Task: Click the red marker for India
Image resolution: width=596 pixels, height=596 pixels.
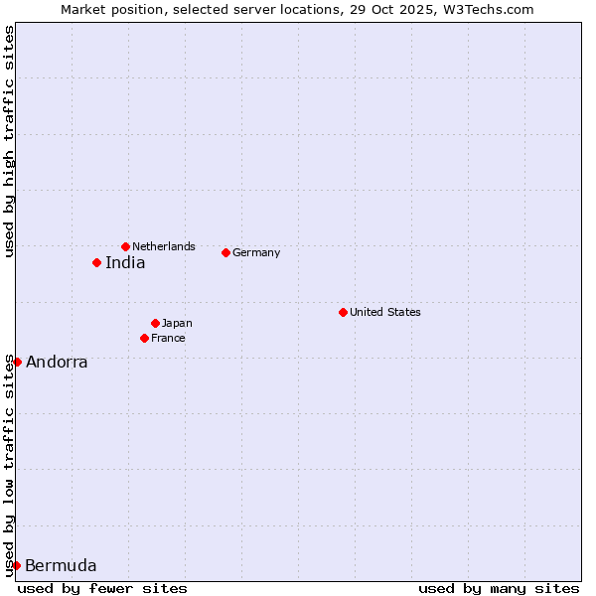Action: tap(96, 263)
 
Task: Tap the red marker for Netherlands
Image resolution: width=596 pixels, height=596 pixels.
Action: tap(125, 246)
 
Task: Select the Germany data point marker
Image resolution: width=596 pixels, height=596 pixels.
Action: tap(225, 252)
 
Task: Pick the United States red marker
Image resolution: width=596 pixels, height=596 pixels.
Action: tap(343, 312)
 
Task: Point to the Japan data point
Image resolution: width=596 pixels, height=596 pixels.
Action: tap(155, 323)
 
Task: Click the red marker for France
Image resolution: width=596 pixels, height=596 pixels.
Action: tap(144, 338)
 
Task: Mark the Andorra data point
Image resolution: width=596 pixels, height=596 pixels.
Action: tap(17, 362)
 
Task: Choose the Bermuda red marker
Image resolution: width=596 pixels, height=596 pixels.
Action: tap(16, 565)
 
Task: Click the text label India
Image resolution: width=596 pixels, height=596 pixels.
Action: tap(125, 263)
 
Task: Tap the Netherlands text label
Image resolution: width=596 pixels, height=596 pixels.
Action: tap(164, 246)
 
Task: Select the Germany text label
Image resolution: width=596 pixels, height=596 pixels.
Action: tap(256, 252)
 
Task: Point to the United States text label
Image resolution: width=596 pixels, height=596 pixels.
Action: tap(385, 312)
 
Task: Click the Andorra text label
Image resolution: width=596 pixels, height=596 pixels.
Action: tap(57, 363)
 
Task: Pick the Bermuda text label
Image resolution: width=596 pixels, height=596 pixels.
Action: tap(61, 566)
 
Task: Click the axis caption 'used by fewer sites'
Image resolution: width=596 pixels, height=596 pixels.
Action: tap(102, 588)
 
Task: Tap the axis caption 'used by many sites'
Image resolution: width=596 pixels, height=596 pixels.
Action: tap(499, 588)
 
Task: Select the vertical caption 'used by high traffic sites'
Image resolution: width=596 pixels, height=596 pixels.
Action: tap(9, 142)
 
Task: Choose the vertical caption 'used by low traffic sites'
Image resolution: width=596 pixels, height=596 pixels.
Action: tap(9, 466)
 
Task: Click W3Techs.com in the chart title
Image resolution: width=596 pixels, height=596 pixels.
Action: tap(490, 9)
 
